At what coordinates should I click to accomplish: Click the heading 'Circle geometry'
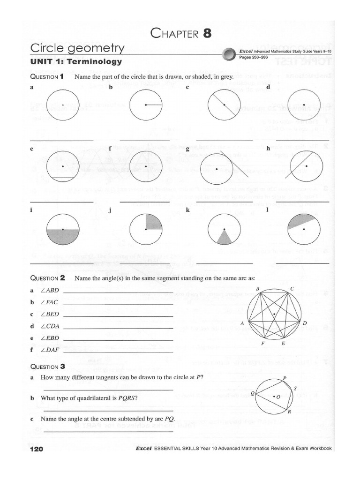pyautogui.click(x=77, y=48)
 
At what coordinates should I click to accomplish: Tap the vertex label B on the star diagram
pyautogui.click(x=257, y=288)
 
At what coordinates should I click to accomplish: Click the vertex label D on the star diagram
pyautogui.click(x=304, y=323)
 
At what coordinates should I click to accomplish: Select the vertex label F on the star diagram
pyautogui.click(x=264, y=344)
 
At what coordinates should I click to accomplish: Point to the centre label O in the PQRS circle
pyautogui.click(x=278, y=397)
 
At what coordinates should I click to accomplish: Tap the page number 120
pyautogui.click(x=36, y=449)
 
